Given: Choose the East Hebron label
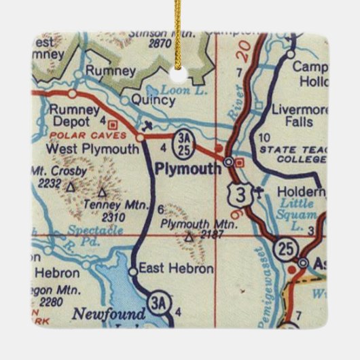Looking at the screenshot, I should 175,268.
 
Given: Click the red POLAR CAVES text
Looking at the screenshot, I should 71,135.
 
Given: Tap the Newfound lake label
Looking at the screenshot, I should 109,314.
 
